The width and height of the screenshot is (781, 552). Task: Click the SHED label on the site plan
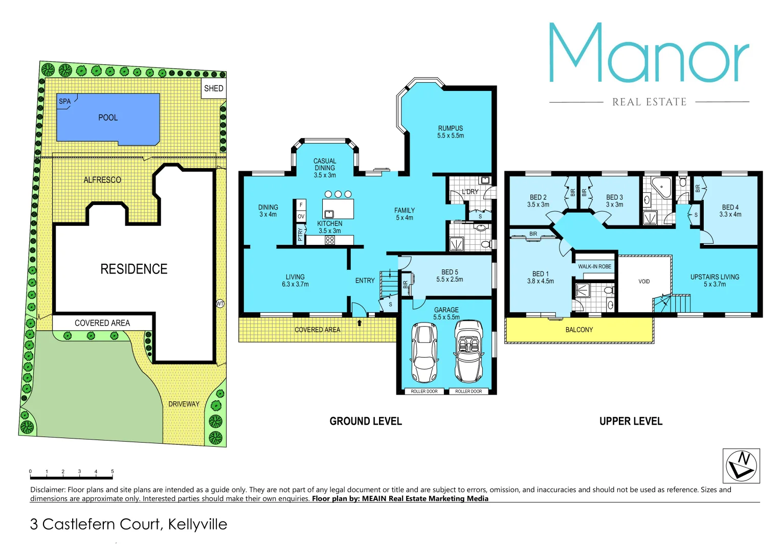click(x=213, y=88)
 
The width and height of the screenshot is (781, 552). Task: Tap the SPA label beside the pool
click(x=65, y=101)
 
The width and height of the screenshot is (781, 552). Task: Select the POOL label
click(x=108, y=118)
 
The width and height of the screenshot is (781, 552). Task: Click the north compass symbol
click(x=741, y=466)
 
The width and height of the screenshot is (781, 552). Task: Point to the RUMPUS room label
click(x=450, y=128)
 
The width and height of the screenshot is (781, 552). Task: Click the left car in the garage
click(x=425, y=353)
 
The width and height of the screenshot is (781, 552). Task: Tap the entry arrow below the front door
click(x=360, y=323)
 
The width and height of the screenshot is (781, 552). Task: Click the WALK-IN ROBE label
click(x=594, y=266)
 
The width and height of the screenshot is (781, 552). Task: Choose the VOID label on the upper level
click(x=644, y=282)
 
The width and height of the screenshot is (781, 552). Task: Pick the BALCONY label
click(x=579, y=330)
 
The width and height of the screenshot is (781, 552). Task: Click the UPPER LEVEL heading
click(x=631, y=421)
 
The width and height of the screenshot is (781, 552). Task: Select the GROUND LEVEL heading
click(x=366, y=421)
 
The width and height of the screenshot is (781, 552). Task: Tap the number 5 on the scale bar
click(x=113, y=471)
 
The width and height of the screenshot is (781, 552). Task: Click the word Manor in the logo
click(x=649, y=53)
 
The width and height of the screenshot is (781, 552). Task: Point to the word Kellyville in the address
click(x=197, y=524)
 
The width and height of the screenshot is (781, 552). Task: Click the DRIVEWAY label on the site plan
click(x=184, y=404)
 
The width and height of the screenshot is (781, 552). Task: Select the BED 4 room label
click(x=730, y=207)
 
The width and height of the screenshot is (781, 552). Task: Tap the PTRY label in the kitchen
click(x=300, y=234)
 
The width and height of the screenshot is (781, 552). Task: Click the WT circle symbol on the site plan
click(x=220, y=304)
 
